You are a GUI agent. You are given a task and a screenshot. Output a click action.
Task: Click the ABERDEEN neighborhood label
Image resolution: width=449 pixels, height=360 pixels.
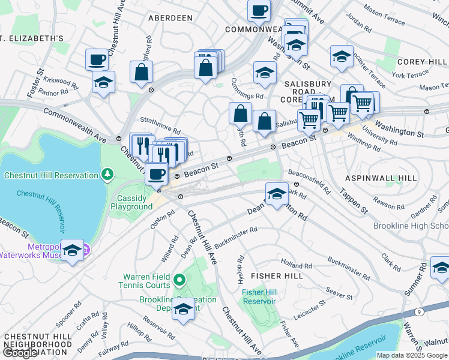171,18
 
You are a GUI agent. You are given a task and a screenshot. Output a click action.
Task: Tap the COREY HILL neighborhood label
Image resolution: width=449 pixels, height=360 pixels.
421,62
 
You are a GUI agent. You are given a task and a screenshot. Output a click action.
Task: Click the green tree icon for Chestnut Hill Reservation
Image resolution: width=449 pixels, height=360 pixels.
107,175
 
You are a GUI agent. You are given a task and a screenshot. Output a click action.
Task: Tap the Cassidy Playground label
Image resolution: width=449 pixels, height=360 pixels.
131,203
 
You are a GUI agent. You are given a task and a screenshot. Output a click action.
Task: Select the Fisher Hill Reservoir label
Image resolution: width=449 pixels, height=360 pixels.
259,296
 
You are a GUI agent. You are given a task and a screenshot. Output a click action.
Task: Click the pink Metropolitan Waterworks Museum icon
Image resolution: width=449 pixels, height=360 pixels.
86,248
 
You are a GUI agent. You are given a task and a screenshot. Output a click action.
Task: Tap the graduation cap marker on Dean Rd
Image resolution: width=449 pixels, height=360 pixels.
276,194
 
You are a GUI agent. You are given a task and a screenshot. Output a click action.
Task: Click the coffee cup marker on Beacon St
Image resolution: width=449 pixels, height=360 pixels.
157,174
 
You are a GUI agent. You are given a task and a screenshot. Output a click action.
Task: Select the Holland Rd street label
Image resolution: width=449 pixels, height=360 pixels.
296,264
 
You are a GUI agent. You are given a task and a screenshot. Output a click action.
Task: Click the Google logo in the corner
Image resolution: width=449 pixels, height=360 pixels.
20,353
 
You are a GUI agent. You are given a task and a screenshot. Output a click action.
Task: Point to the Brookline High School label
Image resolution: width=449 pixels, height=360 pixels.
411,226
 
